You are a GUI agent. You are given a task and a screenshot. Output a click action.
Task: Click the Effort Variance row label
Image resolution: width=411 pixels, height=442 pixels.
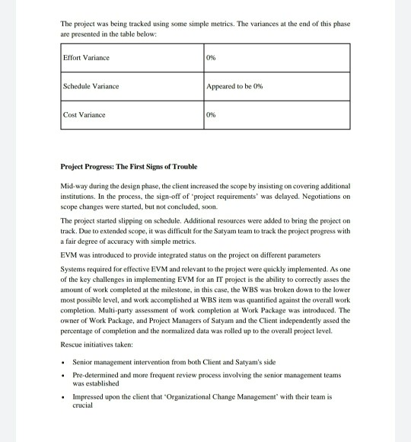pyautogui.click(x=85, y=58)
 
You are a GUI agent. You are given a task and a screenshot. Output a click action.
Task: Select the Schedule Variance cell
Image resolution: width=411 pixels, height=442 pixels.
pyautogui.click(x=91, y=86)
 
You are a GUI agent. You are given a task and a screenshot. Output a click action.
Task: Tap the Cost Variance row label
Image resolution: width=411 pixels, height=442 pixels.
pyautogui.click(x=84, y=115)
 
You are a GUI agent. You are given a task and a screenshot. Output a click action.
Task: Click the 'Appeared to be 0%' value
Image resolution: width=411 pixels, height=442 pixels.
pyautogui.click(x=234, y=86)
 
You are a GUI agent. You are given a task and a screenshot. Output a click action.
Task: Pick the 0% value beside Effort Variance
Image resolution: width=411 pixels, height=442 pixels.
pyautogui.click(x=212, y=58)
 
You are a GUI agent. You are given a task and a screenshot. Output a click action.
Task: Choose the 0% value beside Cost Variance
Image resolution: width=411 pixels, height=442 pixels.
pyautogui.click(x=212, y=115)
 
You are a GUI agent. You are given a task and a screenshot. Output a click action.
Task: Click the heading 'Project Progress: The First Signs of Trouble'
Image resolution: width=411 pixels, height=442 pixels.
pyautogui.click(x=129, y=166)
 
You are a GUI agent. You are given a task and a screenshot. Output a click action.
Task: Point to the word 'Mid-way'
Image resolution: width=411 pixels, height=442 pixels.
pyautogui.click(x=72, y=186)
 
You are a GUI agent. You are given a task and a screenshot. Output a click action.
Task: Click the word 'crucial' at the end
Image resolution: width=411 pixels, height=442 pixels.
pyautogui.click(x=82, y=405)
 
